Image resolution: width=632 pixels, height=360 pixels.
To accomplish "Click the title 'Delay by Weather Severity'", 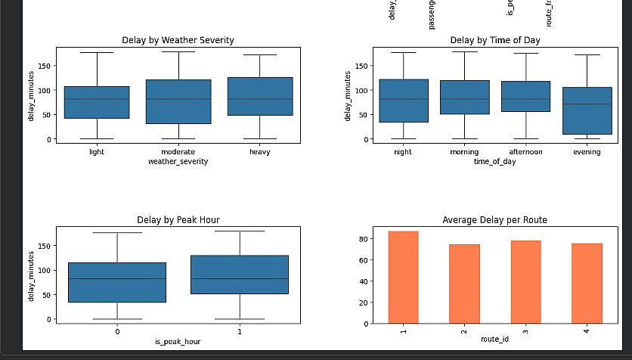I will pyautogui.click(x=178, y=40).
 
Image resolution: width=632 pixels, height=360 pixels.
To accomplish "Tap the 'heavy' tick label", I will pyautogui.click(x=259, y=152).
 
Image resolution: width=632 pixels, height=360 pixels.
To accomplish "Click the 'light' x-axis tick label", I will pyautogui.click(x=97, y=152).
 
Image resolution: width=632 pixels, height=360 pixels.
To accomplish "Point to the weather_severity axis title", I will pyautogui.click(x=178, y=161).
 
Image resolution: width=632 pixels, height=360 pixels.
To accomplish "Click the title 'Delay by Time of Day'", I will pyautogui.click(x=495, y=40).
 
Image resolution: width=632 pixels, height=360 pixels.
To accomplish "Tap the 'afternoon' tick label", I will pyautogui.click(x=525, y=152).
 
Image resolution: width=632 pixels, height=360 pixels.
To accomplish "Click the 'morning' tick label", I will pyautogui.click(x=464, y=152).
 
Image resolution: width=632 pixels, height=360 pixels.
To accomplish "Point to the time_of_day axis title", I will pyautogui.click(x=495, y=161).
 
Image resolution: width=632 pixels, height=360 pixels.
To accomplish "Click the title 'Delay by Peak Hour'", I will pyautogui.click(x=178, y=220).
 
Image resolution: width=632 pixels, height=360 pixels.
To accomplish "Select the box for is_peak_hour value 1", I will pyautogui.click(x=240, y=275).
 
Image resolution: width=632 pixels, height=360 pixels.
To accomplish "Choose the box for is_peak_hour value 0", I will pyautogui.click(x=117, y=282).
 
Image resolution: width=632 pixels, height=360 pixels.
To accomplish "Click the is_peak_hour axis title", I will pyautogui.click(x=178, y=341).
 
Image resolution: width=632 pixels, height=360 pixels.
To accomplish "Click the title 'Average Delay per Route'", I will pyautogui.click(x=495, y=220).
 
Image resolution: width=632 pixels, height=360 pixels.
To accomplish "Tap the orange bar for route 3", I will pyautogui.click(x=525, y=281).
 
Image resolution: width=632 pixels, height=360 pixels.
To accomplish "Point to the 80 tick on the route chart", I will pyautogui.click(x=364, y=239).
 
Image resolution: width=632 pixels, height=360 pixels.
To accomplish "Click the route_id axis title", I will pyautogui.click(x=495, y=340).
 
